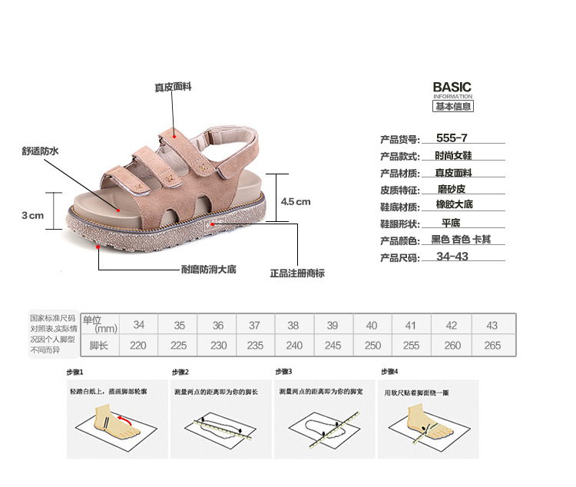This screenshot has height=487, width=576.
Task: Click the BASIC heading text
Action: click(452, 87)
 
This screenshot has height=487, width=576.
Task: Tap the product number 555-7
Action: click(451, 138)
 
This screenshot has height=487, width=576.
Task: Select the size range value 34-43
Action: click(452, 257)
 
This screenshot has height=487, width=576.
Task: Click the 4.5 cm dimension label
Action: click(295, 201)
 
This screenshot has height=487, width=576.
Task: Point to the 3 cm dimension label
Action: click(32, 215)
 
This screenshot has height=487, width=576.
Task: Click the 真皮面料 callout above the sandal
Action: click(174, 88)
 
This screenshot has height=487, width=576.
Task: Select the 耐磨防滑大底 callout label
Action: click(208, 270)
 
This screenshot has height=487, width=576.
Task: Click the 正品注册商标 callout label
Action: click(297, 273)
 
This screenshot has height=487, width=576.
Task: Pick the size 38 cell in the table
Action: click(293, 325)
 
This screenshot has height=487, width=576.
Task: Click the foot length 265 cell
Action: click(492, 346)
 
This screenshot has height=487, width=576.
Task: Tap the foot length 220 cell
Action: click(138, 346)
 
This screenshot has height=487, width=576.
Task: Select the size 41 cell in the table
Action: click(411, 325)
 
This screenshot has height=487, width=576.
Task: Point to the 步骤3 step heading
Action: click(283, 372)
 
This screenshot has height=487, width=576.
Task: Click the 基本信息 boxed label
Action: click(452, 107)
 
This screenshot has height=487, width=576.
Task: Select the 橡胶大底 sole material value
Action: click(454, 204)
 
